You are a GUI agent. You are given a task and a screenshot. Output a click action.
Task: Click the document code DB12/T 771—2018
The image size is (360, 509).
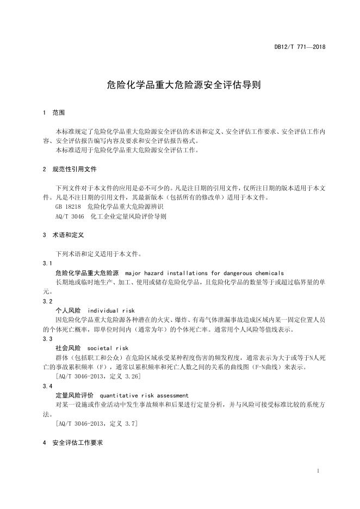pos(300,47)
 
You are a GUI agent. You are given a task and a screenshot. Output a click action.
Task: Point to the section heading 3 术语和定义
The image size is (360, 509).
pos(63,235)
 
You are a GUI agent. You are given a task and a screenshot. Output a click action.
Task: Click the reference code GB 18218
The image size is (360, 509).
pos(68,207)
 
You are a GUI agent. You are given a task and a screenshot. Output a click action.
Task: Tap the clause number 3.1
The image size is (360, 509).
pos(47,263)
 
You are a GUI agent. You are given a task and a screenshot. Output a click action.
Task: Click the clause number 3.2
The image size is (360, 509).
pos(47,301)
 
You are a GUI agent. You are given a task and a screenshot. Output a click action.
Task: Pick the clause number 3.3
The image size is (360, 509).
pos(47,339)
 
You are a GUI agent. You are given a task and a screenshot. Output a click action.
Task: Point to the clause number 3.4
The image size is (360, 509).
pos(47,386)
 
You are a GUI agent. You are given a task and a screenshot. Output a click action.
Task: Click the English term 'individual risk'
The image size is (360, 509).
pos(111,311)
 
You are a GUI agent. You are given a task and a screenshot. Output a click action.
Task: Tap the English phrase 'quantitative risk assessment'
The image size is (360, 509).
pos(144,395)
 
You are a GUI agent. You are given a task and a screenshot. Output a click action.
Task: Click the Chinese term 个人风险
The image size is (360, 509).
pos(68,311)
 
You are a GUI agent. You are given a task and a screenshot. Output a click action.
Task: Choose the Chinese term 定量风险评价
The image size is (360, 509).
pos(75,395)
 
